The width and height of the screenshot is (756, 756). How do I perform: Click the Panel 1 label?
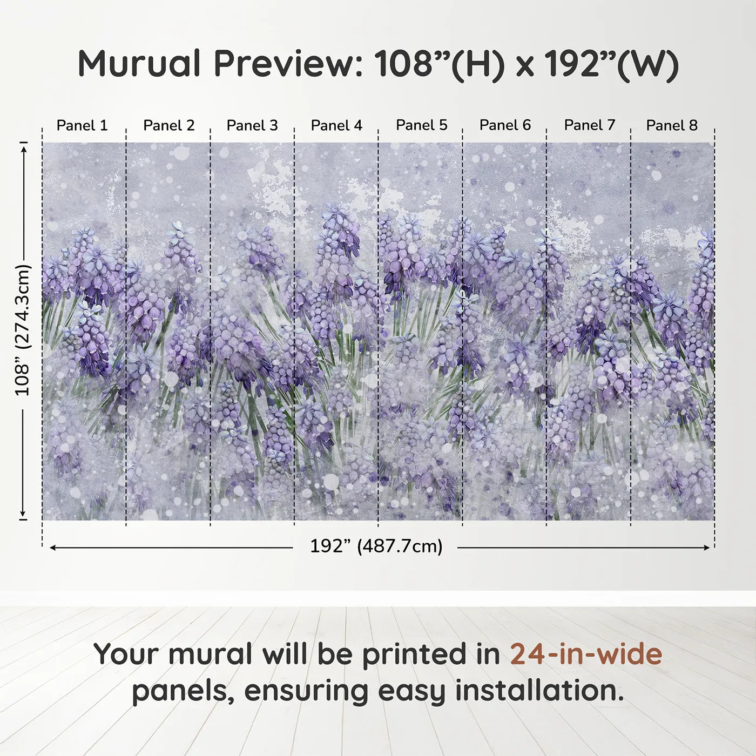(82, 125)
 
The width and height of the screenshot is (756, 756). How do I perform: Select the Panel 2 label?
(168, 125)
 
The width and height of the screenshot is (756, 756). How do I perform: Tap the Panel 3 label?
(252, 125)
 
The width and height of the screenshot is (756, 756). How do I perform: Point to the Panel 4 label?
(336, 125)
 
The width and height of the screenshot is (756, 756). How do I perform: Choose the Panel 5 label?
(421, 125)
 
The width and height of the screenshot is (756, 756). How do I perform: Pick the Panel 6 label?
(505, 125)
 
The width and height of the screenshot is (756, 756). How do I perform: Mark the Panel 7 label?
(590, 125)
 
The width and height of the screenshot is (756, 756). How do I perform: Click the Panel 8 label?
(672, 125)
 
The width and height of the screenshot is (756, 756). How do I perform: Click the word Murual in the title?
(139, 64)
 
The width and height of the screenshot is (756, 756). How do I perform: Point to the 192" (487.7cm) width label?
(376, 546)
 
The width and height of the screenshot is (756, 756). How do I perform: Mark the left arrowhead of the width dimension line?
(52, 548)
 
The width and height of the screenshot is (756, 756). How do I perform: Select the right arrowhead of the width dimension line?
(706, 548)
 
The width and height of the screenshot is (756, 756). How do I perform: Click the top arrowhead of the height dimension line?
(24, 150)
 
